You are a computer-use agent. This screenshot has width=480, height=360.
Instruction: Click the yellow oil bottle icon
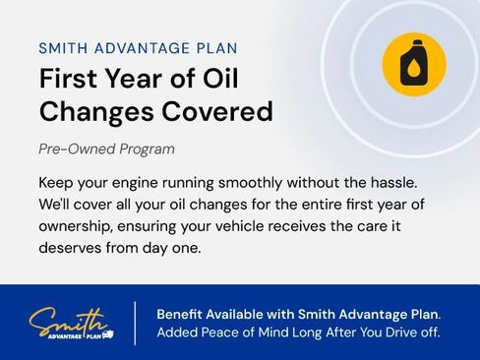click(x=413, y=64)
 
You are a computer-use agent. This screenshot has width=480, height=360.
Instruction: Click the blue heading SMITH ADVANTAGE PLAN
click(x=138, y=47)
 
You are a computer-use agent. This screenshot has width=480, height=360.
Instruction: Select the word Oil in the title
click(x=217, y=79)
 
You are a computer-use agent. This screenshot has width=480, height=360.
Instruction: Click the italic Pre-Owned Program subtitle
click(x=107, y=150)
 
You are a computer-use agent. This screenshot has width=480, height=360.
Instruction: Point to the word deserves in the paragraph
click(x=72, y=248)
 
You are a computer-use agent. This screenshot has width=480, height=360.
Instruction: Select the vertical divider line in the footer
click(x=135, y=323)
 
